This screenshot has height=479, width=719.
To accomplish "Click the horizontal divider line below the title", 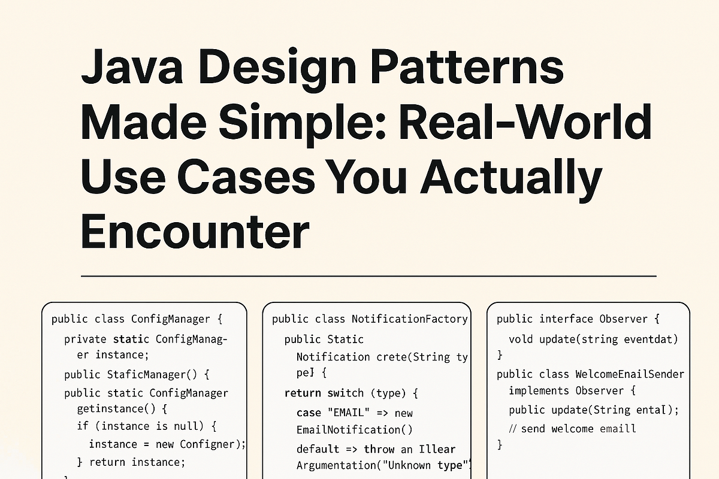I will tap(368, 276).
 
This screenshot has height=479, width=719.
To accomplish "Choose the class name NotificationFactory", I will tap(409, 319).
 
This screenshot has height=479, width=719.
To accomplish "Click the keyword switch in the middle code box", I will tap(345, 393).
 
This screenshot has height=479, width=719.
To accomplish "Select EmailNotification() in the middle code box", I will tap(354, 429).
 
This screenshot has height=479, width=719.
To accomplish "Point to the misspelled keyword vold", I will tap(521, 339).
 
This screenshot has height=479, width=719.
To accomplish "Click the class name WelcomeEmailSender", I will tap(629, 374).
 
